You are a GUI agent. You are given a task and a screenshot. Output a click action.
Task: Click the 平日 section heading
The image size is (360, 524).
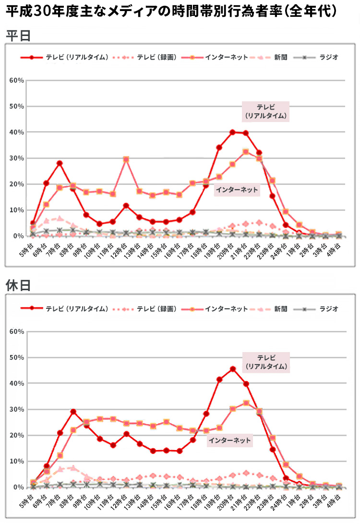18,36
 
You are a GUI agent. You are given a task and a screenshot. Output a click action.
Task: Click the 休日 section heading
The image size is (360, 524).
18,285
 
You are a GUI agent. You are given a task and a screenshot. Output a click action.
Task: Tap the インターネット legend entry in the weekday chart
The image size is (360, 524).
226,57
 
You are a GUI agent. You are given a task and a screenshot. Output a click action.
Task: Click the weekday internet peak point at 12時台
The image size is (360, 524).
126,159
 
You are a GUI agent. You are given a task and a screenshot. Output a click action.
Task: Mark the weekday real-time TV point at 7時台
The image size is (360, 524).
60,163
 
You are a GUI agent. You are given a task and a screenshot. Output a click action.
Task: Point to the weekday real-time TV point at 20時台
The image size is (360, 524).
232,132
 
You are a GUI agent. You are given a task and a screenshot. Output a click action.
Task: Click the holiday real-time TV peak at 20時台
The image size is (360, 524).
233,369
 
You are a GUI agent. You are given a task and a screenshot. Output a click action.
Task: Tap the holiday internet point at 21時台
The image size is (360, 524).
246,403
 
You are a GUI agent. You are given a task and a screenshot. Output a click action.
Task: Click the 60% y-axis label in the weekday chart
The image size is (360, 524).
16,80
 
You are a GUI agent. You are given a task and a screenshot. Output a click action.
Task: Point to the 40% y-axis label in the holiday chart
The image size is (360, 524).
16,384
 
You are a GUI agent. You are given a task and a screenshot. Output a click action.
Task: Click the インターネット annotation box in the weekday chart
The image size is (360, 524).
237,190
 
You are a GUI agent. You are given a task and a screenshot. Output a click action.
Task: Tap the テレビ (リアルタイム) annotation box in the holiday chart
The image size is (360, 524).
266,362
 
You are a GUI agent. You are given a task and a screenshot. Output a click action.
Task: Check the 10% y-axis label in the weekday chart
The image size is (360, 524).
16,210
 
